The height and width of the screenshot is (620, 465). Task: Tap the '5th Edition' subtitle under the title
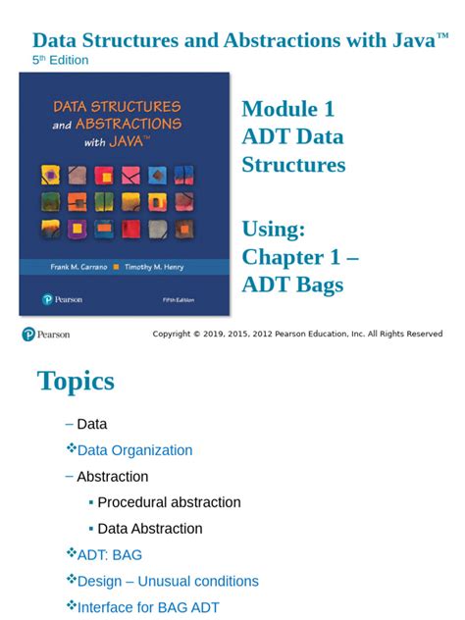61,60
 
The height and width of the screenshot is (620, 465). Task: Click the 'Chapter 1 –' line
299,257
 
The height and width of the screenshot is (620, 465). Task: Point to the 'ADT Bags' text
292,284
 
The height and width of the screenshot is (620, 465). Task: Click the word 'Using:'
274,230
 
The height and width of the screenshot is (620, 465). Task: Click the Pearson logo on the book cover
61,299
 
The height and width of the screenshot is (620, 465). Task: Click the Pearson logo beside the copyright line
45,335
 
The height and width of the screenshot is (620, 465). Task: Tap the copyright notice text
297,335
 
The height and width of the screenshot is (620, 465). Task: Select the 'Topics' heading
76,381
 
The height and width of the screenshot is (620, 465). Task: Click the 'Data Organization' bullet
134,450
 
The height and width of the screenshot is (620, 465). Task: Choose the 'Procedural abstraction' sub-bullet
169,502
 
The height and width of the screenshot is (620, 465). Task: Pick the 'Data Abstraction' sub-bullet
150,529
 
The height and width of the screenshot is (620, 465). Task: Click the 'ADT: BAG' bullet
109,555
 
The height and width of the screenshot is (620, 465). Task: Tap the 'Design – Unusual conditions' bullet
168,582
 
